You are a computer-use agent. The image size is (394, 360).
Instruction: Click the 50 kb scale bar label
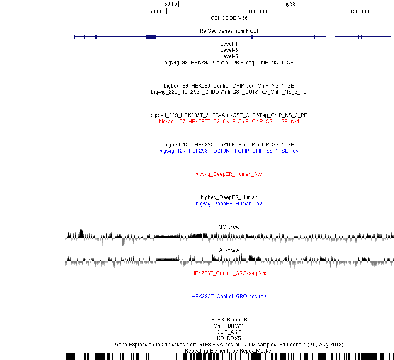click(170, 4)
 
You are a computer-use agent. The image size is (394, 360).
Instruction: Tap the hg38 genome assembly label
click(290, 4)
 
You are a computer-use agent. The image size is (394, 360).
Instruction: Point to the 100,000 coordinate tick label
click(257, 12)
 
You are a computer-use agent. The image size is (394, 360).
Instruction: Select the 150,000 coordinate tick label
click(359, 12)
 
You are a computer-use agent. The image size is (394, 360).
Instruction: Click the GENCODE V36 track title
click(229, 18)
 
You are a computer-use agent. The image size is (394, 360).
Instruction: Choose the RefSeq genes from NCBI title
click(229, 31)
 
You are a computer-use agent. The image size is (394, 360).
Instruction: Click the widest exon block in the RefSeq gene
click(151, 36)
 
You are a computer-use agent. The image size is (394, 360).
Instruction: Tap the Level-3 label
click(229, 50)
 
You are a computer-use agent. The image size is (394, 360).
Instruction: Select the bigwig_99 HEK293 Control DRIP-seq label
click(229, 63)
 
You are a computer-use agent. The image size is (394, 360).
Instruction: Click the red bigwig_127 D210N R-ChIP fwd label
click(229, 122)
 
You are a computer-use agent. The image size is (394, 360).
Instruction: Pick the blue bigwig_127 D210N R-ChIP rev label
click(229, 151)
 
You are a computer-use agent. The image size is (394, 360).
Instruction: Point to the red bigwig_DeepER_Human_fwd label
click(229, 174)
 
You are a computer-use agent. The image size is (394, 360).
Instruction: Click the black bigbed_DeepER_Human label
click(229, 197)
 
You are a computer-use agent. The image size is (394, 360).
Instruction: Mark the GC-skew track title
click(229, 226)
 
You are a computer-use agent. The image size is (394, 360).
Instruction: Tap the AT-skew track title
click(229, 250)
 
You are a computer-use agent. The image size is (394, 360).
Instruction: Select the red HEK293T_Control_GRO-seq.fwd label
click(229, 273)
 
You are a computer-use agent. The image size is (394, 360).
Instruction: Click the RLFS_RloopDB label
click(229, 319)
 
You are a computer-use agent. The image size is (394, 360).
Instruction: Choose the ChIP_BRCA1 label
click(229, 326)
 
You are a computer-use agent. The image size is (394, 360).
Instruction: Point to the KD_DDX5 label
click(229, 338)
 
